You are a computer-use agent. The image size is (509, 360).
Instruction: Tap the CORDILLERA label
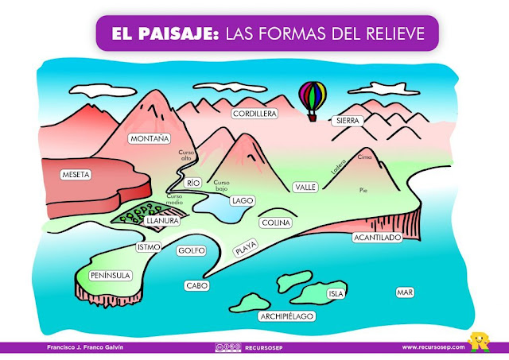coord(254,114)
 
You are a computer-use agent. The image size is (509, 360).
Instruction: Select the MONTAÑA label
coord(150,138)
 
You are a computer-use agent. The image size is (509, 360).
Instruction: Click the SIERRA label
coord(348,121)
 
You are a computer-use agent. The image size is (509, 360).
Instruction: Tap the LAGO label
coord(242,200)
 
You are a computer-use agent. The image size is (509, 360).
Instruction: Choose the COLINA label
coord(275,223)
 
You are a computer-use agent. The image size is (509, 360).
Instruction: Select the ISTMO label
coord(149,247)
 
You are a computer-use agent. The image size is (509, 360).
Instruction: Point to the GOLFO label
coord(192,250)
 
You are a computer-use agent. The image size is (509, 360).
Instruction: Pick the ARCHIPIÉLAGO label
coord(287,316)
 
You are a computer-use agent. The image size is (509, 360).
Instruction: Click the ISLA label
coord(336,293)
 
